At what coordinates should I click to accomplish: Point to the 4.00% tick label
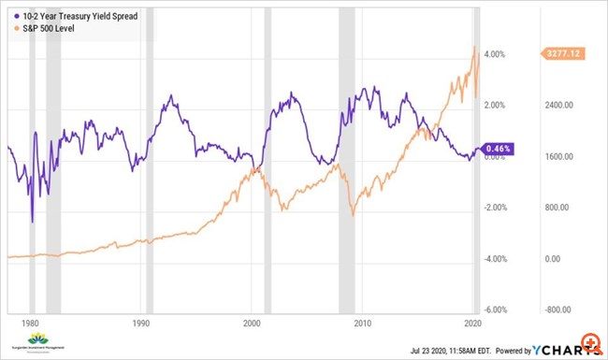tap(493, 54)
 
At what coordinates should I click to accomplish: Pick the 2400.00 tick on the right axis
tap(561, 106)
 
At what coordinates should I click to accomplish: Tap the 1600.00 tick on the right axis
tap(561, 157)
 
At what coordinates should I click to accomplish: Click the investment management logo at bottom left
tap(39, 341)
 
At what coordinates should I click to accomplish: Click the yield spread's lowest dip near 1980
tap(32, 223)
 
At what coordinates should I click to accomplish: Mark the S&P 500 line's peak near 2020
tap(474, 46)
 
